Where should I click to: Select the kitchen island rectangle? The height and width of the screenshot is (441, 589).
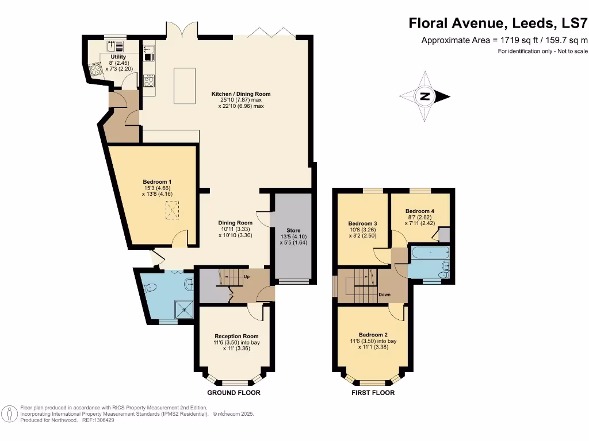point(185,86)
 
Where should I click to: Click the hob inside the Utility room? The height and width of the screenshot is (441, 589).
point(95,69)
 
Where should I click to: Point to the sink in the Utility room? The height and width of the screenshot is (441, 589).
point(113,45)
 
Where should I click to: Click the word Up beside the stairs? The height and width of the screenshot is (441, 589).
point(246,277)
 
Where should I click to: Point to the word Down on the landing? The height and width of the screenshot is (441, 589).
point(385,295)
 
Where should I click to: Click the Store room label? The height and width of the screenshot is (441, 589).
point(293,230)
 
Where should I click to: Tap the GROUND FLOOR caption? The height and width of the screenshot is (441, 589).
point(234,393)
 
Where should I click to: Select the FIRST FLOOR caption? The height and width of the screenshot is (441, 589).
point(373,393)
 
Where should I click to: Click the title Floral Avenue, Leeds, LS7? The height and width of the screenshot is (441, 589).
point(498,24)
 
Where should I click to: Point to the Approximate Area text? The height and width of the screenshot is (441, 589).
point(504,40)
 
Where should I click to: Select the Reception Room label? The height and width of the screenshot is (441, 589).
point(236,336)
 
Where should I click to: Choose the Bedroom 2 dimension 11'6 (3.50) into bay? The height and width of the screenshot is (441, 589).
point(377,341)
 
